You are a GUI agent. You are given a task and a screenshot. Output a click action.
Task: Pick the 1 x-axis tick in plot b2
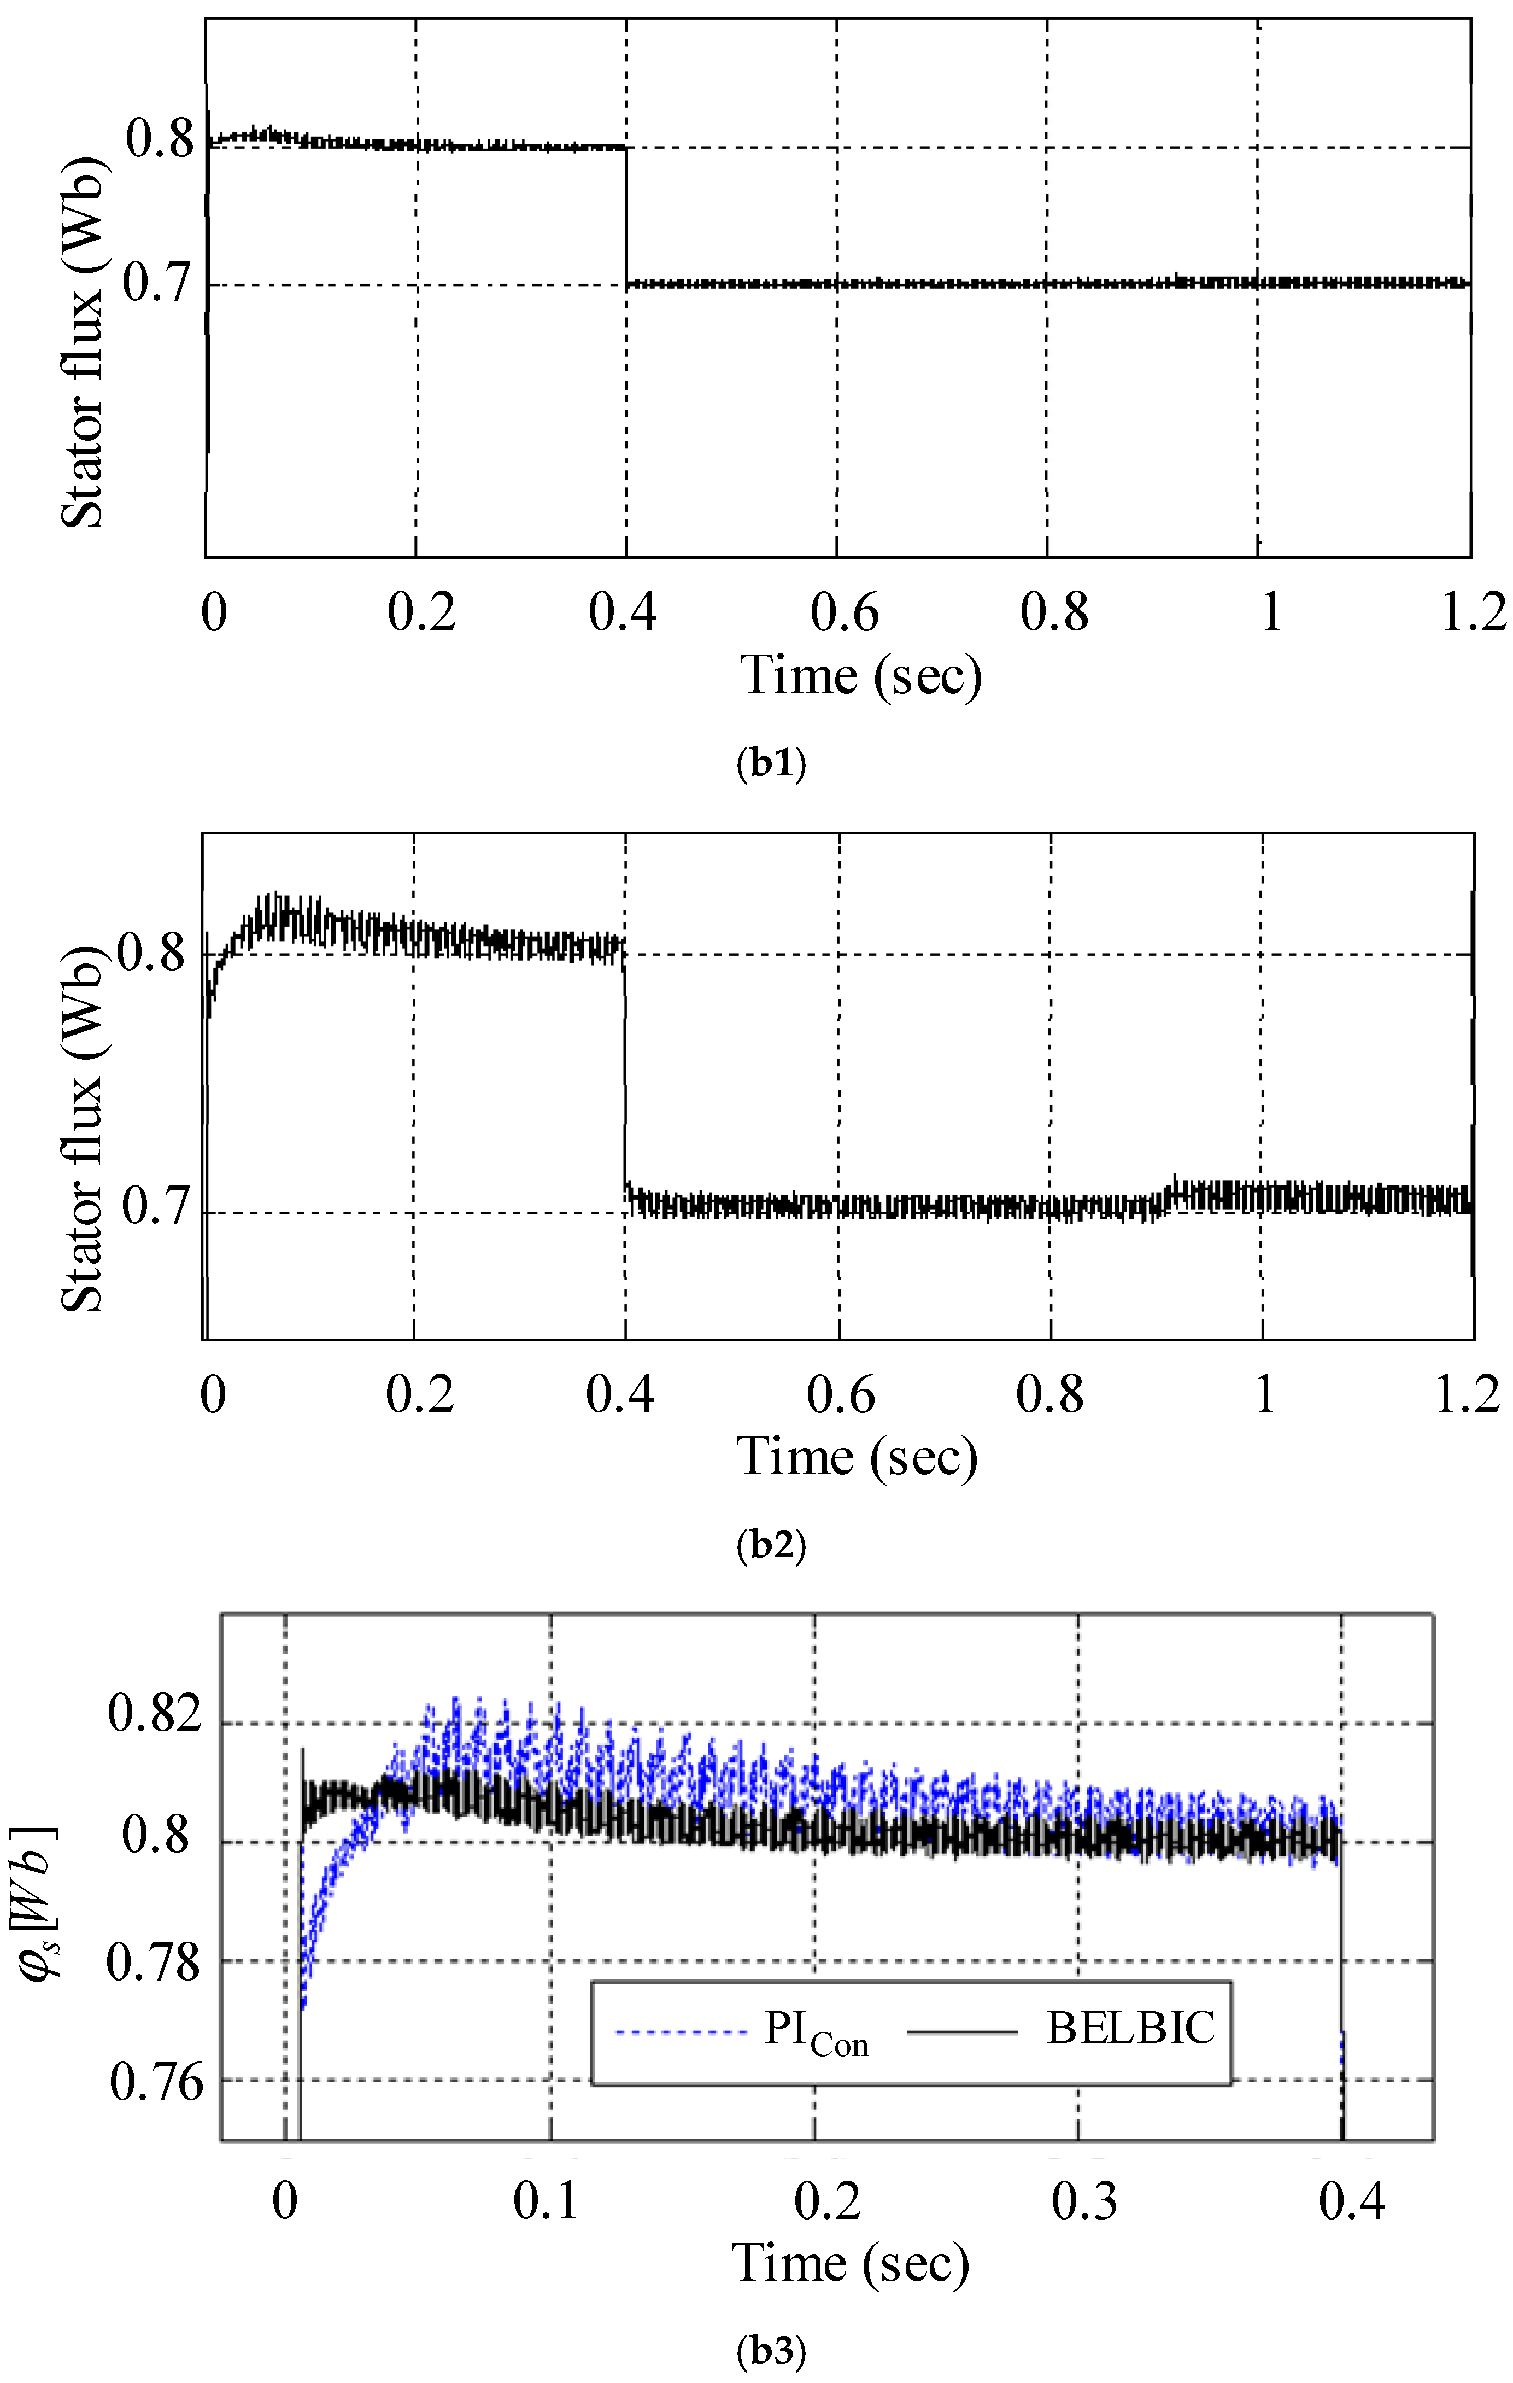tap(1265, 1395)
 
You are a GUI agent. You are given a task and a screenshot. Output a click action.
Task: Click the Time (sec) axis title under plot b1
tap(861, 677)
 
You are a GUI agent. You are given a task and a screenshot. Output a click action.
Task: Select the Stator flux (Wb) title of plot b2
tap(83, 1128)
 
